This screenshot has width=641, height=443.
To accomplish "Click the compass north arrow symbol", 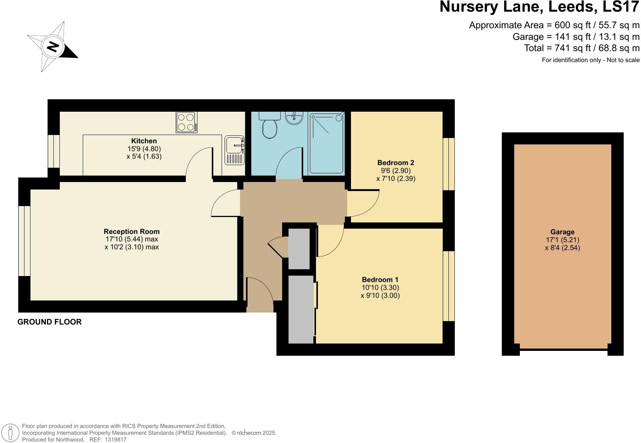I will [53, 47].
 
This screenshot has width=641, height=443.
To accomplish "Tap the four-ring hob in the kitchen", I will [187, 122].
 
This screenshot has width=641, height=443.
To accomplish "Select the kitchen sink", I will [235, 150].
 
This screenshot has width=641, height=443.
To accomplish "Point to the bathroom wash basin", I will [294, 118].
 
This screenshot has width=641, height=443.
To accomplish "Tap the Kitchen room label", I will [144, 141].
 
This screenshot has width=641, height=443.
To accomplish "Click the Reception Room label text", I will [132, 231].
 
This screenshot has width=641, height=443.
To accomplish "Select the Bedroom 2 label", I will [396, 162].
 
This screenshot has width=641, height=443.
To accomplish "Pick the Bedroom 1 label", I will [380, 279].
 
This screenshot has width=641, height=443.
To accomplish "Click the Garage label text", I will [562, 232].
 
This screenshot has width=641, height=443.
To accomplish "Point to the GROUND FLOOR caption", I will [50, 322].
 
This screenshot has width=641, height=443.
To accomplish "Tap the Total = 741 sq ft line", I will [582, 48].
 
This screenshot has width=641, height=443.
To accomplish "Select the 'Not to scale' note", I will [620, 60].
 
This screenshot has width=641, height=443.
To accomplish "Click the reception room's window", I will [24, 241].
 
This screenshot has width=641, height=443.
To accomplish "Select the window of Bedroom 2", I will [448, 164].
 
